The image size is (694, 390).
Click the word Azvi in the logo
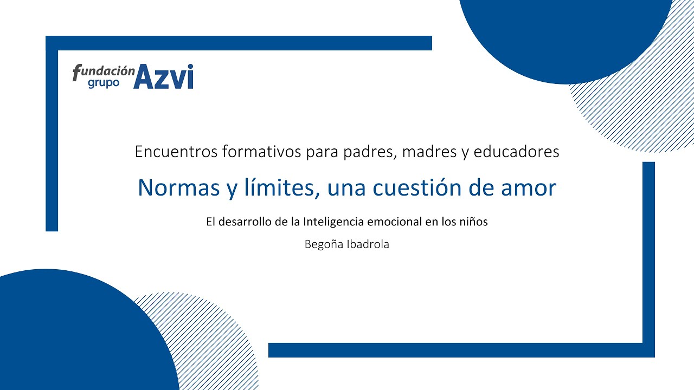(163, 77)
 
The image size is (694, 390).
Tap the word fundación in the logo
(104, 71)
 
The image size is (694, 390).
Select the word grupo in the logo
(104, 84)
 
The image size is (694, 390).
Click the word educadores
(516, 152)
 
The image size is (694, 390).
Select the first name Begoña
(324, 244)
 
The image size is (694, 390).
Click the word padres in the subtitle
(366, 152)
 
